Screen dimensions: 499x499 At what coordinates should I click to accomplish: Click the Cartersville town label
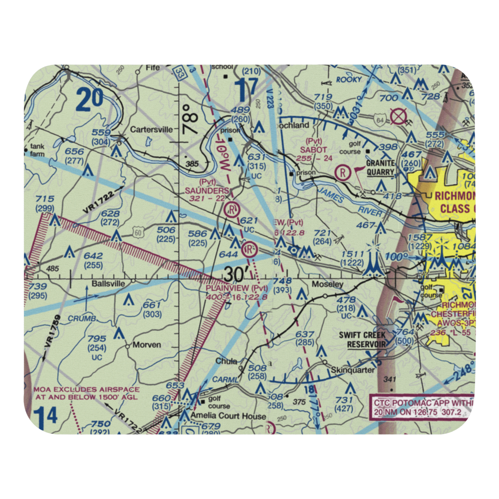151,129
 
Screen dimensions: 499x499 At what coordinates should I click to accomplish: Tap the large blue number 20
90,99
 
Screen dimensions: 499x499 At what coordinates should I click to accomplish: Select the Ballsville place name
107,283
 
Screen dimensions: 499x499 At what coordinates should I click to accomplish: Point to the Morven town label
147,345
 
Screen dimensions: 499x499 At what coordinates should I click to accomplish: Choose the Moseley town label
327,284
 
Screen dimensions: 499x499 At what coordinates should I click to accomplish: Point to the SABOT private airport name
313,149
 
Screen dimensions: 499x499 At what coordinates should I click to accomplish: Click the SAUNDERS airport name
207,190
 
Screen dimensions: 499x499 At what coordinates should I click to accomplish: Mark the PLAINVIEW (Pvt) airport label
237,288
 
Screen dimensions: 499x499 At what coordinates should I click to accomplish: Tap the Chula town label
226,361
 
